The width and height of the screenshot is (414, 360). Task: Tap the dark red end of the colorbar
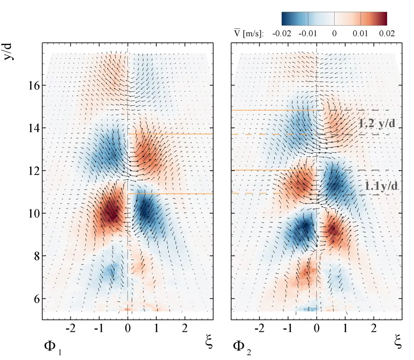click(382, 18)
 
